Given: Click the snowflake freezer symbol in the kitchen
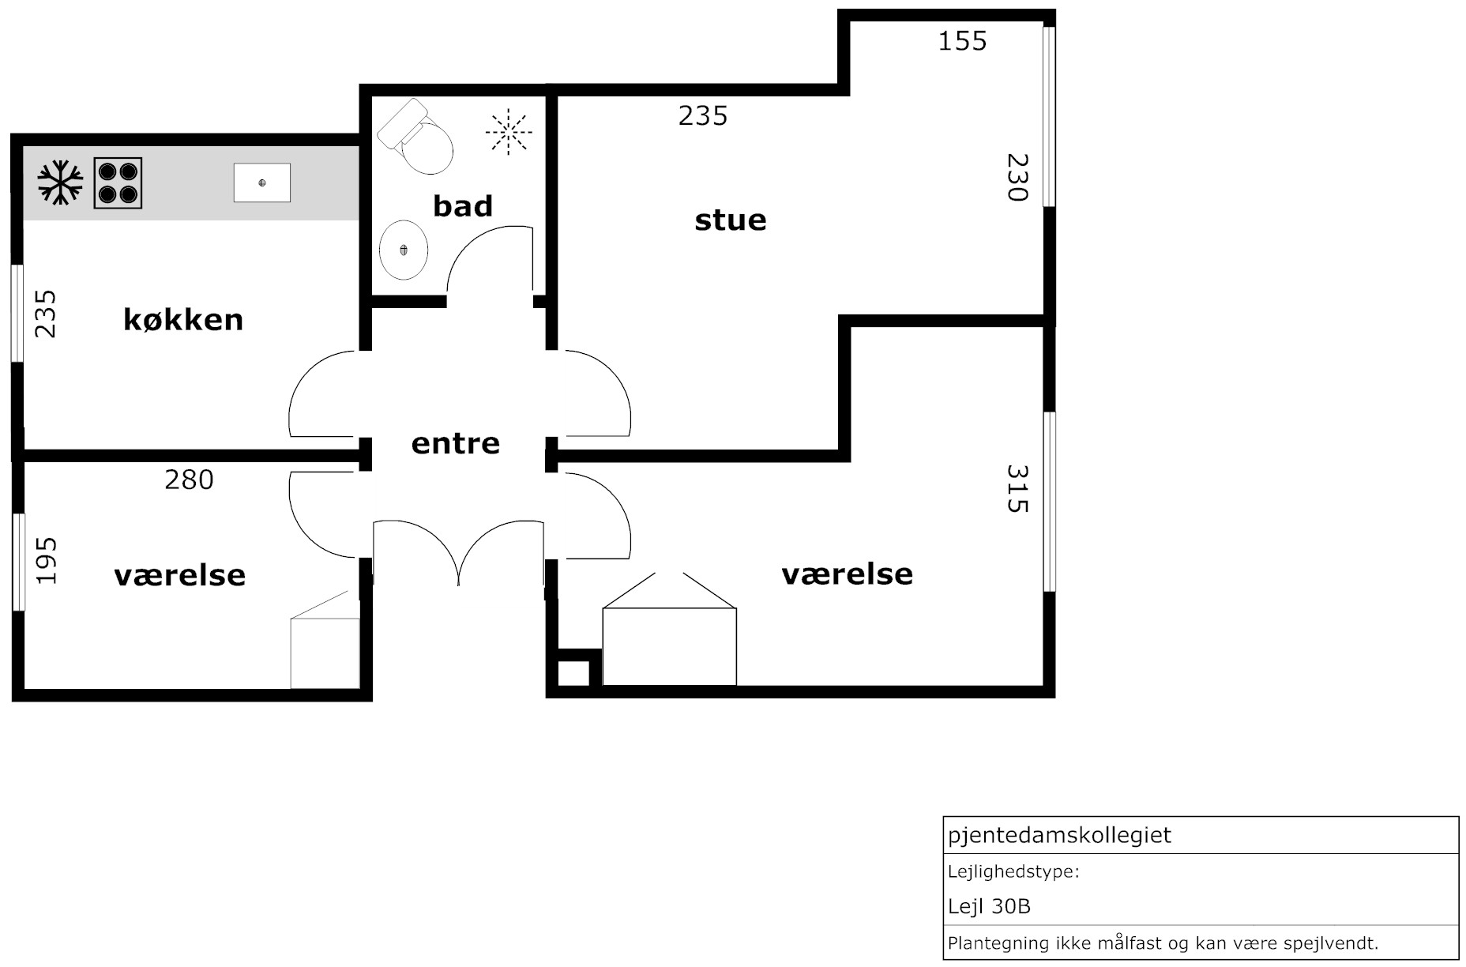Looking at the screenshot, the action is click(60, 182).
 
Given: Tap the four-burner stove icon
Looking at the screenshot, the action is click(118, 183).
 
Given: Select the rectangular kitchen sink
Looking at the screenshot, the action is click(262, 182).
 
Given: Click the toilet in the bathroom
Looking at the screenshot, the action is click(415, 136).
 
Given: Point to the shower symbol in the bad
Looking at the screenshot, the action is click(509, 130).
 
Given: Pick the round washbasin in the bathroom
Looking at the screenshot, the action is click(404, 250).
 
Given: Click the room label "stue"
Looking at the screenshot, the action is click(731, 220).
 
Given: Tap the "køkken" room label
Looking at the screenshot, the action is click(183, 319).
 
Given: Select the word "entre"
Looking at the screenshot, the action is click(456, 443).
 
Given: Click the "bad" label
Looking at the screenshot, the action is click(463, 205).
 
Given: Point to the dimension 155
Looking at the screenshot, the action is click(962, 41).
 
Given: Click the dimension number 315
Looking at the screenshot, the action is click(1017, 488).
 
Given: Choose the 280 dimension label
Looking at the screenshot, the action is click(189, 480).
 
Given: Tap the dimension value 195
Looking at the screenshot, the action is click(47, 561).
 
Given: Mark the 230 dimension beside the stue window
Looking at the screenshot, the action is click(1017, 177).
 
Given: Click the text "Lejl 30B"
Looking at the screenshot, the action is click(989, 906).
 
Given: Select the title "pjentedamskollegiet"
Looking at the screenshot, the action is click(1059, 835).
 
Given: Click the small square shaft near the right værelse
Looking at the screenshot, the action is click(574, 672).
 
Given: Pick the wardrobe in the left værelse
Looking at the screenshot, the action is click(325, 653).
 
